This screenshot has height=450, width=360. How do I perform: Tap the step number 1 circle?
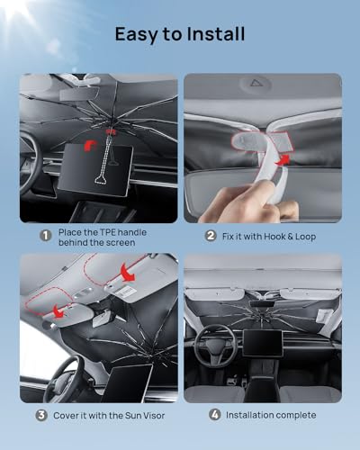click(44, 236)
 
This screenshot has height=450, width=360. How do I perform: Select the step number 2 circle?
click(210, 236)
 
